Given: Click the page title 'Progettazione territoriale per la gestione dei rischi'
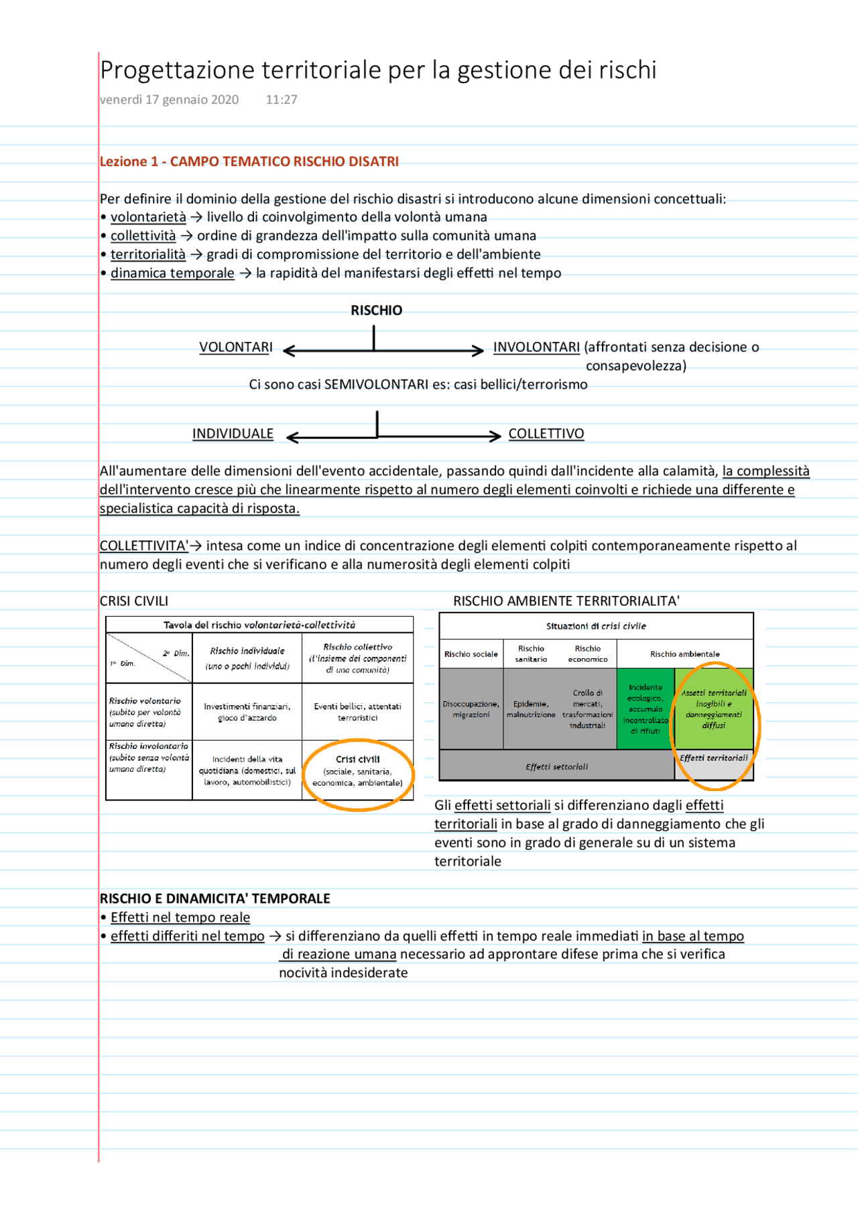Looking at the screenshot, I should tap(377, 70).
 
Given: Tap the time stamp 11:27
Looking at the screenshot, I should tap(281, 100).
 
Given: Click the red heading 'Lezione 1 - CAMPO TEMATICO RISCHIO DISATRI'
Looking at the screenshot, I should tap(249, 162).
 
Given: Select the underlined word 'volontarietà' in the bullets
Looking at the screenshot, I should tap(148, 217).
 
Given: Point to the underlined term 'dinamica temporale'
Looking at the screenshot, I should tap(172, 274).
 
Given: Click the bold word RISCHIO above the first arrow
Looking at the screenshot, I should tap(376, 310).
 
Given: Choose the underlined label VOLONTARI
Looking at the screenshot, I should tap(236, 347).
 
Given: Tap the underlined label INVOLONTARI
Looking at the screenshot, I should tap(536, 347).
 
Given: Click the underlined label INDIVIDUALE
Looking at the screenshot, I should tap(233, 434).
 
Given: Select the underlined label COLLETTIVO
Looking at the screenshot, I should tap(546, 434).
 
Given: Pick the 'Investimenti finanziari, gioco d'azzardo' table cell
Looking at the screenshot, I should tap(247, 712).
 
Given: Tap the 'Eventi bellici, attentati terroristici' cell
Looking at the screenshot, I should tap(357, 712).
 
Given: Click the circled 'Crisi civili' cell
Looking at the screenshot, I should tap(357, 771).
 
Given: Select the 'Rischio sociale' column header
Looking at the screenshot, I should tap(471, 654).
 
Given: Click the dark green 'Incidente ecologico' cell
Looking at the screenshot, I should tap(645, 709).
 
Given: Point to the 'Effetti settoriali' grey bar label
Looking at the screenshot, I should tap(556, 767).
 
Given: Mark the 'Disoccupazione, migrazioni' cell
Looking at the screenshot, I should tap(471, 709).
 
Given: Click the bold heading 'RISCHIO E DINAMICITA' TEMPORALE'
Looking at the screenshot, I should tap(214, 899).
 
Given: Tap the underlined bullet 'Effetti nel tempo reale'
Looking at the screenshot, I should tap(180, 918).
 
